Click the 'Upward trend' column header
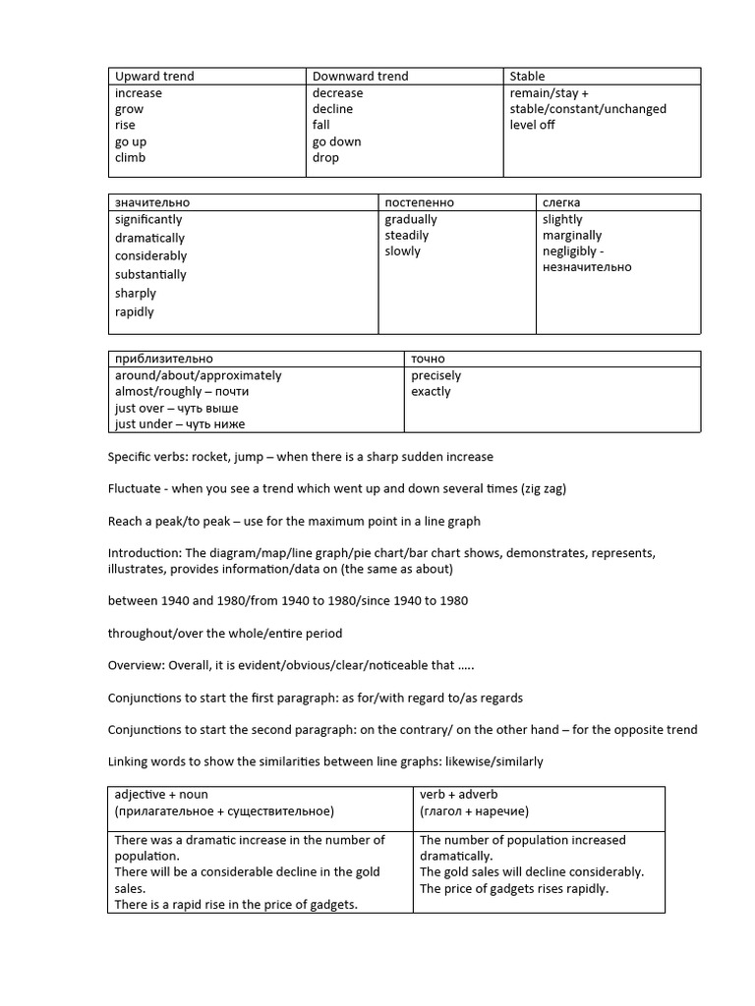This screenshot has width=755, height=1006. [x=154, y=76]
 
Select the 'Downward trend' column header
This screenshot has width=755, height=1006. [x=360, y=76]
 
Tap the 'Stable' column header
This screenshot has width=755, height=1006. [x=527, y=76]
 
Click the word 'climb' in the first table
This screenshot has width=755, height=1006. [x=130, y=157]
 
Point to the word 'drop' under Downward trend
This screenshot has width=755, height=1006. [x=325, y=157]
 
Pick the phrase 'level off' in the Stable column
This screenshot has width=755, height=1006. [x=532, y=125]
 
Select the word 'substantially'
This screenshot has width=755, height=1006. [x=150, y=274]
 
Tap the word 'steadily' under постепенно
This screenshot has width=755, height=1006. [x=407, y=235]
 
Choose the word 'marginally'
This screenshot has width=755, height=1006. [x=572, y=235]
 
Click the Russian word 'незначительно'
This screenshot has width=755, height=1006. [x=587, y=266]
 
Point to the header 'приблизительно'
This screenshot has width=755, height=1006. [x=163, y=359]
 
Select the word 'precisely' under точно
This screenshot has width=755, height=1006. [x=436, y=375]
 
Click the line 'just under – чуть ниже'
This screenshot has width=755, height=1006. [x=180, y=423]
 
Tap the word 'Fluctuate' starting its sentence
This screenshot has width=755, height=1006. [x=135, y=488]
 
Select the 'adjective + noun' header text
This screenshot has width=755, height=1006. [x=161, y=794]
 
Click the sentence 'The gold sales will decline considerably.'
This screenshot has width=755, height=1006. [x=532, y=871]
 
